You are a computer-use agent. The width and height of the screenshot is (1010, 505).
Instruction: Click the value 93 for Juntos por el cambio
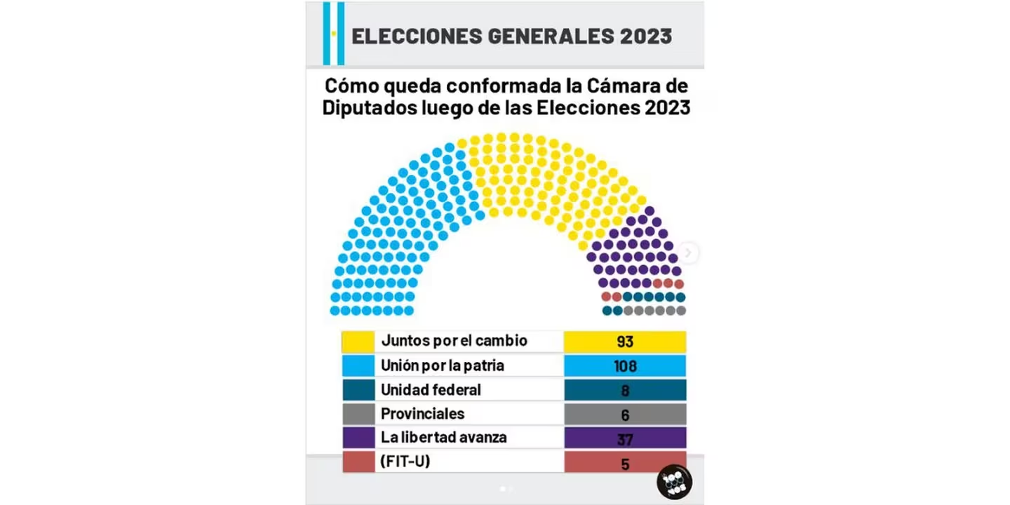click(624, 342)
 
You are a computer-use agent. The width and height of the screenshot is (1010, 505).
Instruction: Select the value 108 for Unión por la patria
click(624, 365)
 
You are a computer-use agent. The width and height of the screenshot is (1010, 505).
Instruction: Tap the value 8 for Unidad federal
click(624, 390)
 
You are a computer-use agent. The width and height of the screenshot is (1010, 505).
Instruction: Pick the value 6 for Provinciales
click(624, 414)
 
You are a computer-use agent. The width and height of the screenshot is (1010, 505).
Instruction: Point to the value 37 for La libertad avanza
click(624, 438)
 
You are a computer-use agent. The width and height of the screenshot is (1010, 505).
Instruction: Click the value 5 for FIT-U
click(624, 463)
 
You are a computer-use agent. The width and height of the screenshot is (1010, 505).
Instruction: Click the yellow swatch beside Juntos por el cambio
click(358, 342)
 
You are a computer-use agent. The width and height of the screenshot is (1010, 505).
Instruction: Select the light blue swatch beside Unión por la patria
click(358, 365)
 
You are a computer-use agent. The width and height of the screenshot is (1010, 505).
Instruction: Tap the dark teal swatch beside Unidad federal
click(358, 390)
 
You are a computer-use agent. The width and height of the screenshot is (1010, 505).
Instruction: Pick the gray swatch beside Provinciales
click(358, 414)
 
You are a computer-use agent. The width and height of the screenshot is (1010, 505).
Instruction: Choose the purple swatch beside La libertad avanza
click(358, 438)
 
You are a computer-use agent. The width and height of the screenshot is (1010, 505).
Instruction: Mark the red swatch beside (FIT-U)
click(358, 463)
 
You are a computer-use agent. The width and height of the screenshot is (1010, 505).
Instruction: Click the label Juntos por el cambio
click(454, 342)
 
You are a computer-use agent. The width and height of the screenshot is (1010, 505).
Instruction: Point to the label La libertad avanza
click(443, 438)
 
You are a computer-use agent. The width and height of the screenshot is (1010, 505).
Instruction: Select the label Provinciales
click(422, 414)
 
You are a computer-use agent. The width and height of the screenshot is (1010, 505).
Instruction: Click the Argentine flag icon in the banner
click(334, 33)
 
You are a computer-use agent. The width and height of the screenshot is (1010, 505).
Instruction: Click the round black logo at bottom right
click(674, 481)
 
